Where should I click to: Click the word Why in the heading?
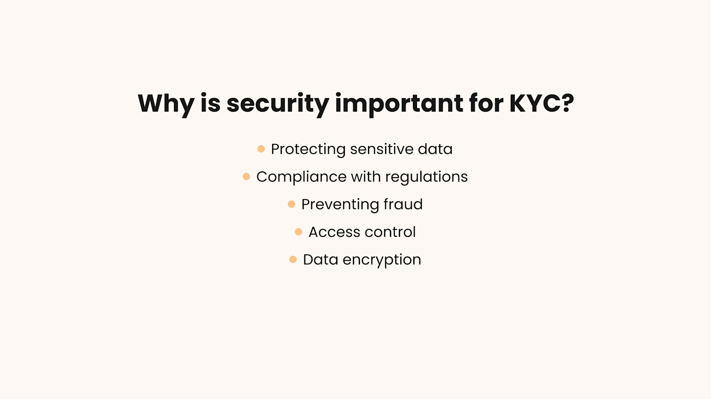pos(166,103)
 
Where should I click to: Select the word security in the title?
pos(277,103)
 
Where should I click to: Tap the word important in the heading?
pos(399,103)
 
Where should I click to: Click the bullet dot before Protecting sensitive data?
pos(261,149)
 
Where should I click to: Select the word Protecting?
pos(308,149)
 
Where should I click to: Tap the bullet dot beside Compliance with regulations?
pos(246,177)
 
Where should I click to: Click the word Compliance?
pos(301,177)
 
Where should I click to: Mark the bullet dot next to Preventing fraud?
pos(291,204)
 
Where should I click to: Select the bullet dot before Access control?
pos(298,232)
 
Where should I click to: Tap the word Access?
pos(334,232)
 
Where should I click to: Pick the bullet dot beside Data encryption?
pos(293,260)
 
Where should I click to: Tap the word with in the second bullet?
pos(365,177)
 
